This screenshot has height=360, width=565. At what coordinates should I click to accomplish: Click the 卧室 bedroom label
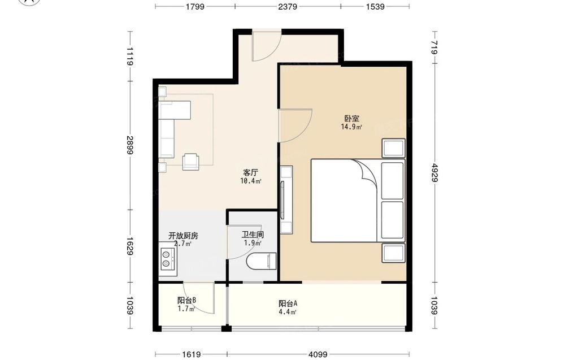[x=351, y=119]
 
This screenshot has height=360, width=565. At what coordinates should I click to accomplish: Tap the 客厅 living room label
[x=251, y=172]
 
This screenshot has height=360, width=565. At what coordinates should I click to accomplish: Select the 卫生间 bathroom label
[x=253, y=235]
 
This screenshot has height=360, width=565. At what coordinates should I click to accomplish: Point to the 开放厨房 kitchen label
[x=183, y=236]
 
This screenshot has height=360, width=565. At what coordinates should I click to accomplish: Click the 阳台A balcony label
[x=288, y=304]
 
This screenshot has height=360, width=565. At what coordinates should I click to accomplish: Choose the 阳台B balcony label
[x=186, y=300]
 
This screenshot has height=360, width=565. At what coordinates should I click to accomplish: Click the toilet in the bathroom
[x=262, y=261]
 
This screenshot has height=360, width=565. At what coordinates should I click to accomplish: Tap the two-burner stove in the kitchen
[x=168, y=259]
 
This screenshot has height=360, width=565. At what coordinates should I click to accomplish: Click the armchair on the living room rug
[x=191, y=162]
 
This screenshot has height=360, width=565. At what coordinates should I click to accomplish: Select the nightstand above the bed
[x=394, y=148]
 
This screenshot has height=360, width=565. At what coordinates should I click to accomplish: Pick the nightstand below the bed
[x=394, y=253]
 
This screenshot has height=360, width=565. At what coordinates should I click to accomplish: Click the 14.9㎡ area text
[x=351, y=127]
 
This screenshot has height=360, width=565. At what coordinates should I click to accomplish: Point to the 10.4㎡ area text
[x=250, y=181]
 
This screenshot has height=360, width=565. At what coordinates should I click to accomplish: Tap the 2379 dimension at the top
[x=288, y=6]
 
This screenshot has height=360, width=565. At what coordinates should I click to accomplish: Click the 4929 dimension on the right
[x=435, y=173]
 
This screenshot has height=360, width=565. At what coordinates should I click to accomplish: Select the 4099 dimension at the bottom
[x=318, y=355]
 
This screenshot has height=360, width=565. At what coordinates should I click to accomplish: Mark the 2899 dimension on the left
[x=130, y=145]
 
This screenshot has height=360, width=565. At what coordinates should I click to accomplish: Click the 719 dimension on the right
[x=435, y=47]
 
